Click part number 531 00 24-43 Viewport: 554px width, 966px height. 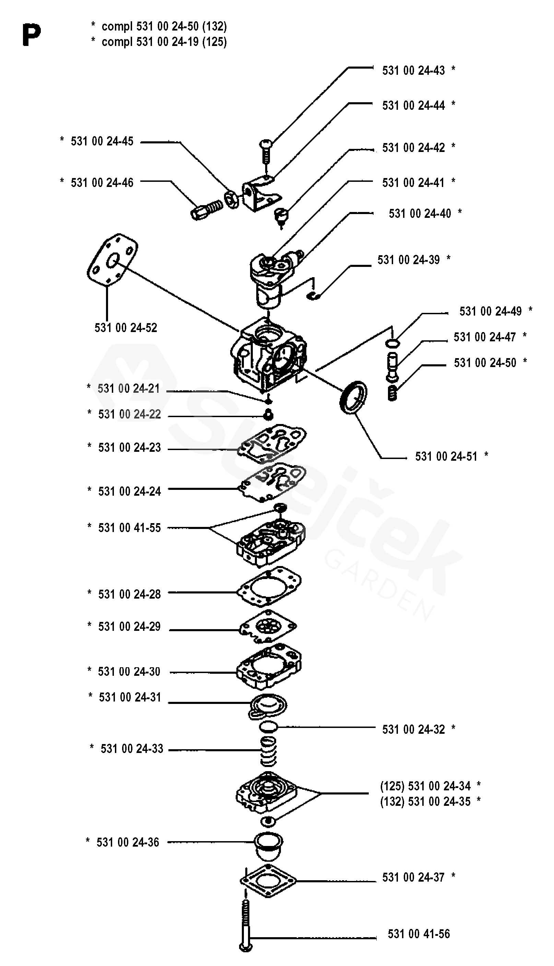[413, 70]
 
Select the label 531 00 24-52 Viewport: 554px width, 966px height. [126, 328]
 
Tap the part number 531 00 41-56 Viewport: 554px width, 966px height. [419, 933]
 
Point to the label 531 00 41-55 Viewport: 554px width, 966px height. [129, 528]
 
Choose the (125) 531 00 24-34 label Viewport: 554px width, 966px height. [425, 786]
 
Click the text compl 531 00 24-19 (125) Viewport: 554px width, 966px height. [164, 42]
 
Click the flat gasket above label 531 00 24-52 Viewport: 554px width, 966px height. [113, 259]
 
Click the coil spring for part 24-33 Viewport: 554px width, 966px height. [269, 751]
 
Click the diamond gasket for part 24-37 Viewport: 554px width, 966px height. [268, 881]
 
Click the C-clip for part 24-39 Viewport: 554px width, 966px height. [314, 295]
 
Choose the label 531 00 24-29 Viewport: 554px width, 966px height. [129, 627]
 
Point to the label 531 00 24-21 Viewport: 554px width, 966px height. [129, 388]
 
